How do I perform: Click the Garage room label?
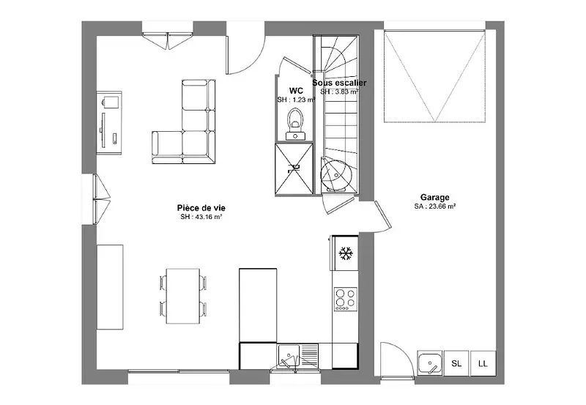tap(434, 197)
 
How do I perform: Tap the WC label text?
tap(296, 91)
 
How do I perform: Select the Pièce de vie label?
tap(201, 208)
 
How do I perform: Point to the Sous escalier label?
tap(339, 83)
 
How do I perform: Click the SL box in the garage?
tap(456, 363)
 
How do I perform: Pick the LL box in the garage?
tap(483, 363)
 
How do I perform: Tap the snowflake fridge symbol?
tap(346, 253)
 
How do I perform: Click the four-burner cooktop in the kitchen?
tap(345, 299)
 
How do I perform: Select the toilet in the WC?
tap(295, 125)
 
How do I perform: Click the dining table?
tap(183, 296)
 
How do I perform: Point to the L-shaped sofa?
tap(184, 122)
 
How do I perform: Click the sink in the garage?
tap(430, 363)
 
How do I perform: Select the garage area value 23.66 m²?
tap(434, 206)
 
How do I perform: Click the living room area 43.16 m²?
tap(201, 217)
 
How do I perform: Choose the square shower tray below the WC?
tap(294, 168)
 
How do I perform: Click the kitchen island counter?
tap(258, 305)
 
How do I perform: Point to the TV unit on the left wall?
tap(109, 122)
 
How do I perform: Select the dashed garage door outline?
tap(434, 76)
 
